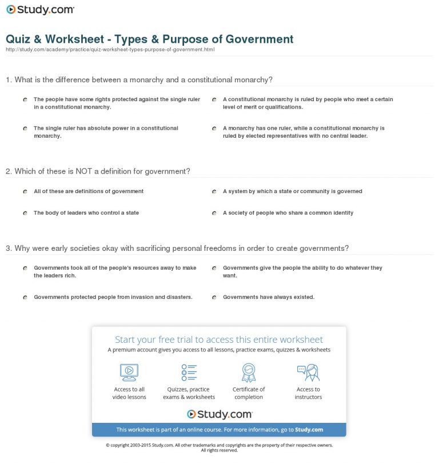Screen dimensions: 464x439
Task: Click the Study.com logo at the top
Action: click(x=40, y=10)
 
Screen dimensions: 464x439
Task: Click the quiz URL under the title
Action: click(x=110, y=50)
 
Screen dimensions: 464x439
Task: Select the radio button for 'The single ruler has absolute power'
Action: click(x=25, y=129)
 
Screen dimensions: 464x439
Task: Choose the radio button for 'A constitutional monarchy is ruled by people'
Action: click(x=214, y=99)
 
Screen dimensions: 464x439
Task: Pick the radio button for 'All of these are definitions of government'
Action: click(x=25, y=192)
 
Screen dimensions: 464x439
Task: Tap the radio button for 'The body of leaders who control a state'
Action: click(x=25, y=213)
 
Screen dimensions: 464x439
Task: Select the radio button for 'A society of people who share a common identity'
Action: click(x=214, y=213)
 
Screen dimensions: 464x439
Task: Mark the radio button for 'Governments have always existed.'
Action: click(x=214, y=298)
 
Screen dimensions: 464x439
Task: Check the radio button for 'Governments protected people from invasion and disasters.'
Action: click(x=25, y=298)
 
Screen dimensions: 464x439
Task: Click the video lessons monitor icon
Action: click(x=129, y=372)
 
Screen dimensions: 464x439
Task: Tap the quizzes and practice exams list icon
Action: click(x=189, y=372)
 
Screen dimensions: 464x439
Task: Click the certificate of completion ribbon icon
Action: click(x=249, y=372)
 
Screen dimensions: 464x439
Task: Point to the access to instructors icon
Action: click(x=308, y=372)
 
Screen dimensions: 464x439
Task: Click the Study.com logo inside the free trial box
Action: click(x=219, y=414)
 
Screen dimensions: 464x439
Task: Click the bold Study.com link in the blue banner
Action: click(x=309, y=430)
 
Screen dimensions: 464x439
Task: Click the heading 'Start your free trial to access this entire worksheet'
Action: click(x=219, y=339)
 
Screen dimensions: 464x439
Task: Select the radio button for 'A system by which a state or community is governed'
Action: click(x=214, y=192)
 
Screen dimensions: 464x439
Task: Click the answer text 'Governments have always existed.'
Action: click(x=269, y=297)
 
